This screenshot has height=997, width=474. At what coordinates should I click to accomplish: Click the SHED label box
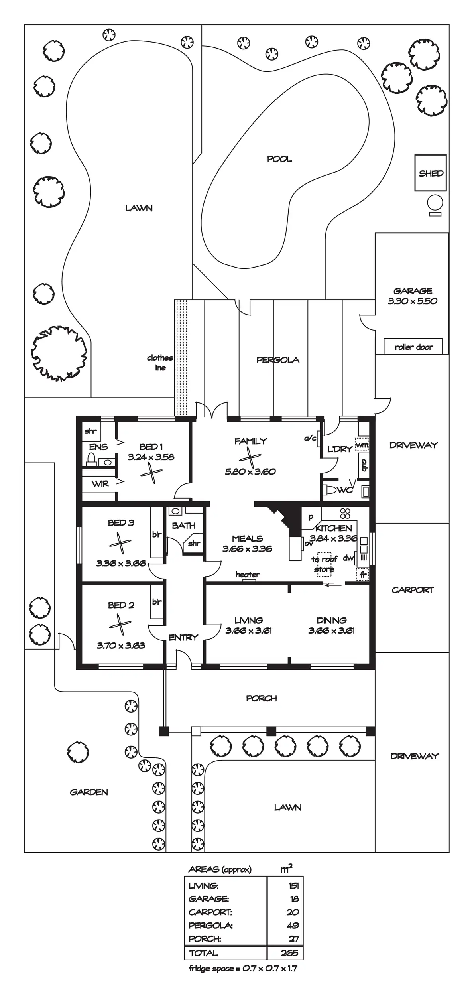431,173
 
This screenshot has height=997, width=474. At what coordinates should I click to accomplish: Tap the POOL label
279,159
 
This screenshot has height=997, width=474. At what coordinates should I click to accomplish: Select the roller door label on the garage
413,347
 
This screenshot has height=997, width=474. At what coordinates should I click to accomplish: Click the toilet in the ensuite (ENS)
91,460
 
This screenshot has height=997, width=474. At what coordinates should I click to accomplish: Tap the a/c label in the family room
310,439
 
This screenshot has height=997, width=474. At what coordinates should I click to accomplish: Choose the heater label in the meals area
247,575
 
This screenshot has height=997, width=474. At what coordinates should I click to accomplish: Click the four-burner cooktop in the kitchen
345,513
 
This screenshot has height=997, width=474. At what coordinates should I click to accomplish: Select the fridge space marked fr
362,575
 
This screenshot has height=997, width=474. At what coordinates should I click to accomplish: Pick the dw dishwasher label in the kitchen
348,558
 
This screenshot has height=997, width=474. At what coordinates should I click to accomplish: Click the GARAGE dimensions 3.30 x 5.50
413,301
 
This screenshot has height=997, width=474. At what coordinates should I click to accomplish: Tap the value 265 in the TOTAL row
289,953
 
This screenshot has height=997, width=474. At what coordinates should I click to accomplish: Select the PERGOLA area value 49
293,925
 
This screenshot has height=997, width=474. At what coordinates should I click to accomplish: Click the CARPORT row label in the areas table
210,912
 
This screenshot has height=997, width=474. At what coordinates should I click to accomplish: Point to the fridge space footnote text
243,968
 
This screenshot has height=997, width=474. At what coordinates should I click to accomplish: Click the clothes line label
160,363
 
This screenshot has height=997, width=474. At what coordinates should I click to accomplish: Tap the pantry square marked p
311,517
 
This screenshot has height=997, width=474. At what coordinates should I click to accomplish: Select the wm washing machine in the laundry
362,445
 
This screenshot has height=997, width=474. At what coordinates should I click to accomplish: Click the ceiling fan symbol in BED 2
120,625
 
